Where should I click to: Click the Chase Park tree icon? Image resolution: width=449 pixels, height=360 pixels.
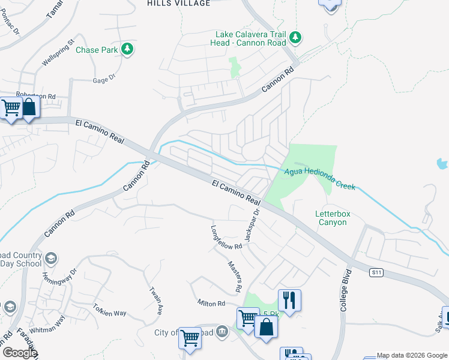pos(127,49)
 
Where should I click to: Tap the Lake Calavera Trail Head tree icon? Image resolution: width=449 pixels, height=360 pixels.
pos(295,38)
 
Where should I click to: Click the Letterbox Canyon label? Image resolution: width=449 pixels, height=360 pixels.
pos(331,218)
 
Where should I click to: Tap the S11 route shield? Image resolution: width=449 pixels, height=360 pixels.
pos(376,272)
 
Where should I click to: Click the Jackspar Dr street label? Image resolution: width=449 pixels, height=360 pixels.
pos(252,226)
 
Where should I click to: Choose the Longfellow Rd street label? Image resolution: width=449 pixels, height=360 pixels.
pos(226,238)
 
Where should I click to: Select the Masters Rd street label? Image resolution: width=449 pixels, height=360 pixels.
pos(235,277)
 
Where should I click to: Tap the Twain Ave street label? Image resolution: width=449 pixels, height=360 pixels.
pos(155,301)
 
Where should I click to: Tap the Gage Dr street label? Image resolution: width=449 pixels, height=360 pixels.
pos(103,80)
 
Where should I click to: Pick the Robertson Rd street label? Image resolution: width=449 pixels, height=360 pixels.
pos(35,96)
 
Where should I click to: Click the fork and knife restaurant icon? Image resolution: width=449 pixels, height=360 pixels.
pos(289,300)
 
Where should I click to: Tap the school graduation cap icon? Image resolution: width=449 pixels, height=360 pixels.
pos(52,259)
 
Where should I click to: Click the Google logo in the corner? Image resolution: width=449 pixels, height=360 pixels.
pos(19,353)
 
